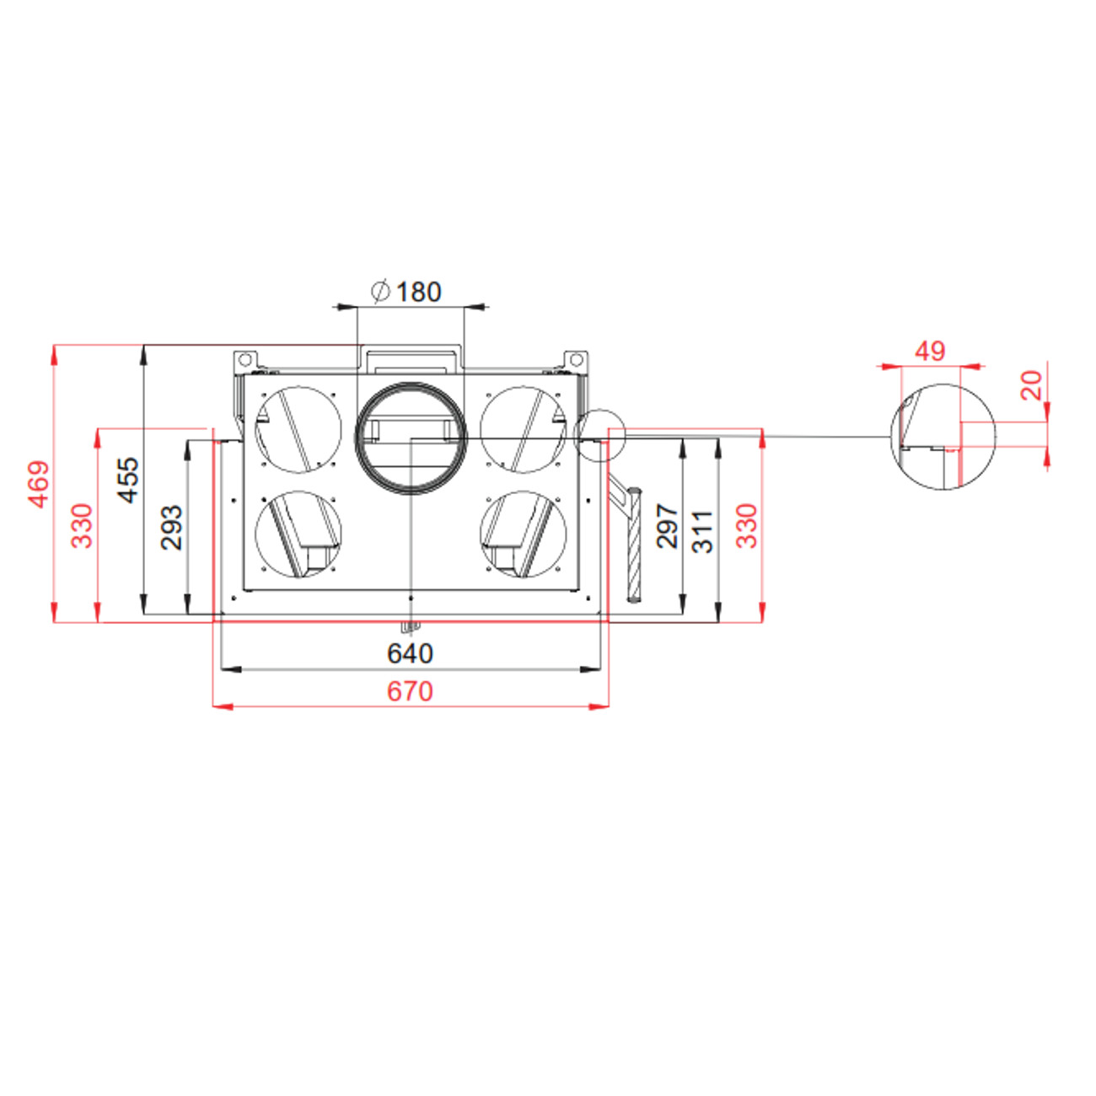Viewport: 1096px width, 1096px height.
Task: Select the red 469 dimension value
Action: point(39,484)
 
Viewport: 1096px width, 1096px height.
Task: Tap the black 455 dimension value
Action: point(128,481)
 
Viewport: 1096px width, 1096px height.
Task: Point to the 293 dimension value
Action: point(172,527)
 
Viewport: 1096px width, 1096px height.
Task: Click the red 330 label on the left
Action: point(83,525)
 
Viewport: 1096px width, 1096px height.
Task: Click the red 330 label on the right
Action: point(747,526)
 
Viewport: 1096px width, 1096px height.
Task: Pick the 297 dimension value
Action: point(667,526)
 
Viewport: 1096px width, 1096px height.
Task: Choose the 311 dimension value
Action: point(701,531)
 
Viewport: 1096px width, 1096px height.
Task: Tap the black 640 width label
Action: point(410,653)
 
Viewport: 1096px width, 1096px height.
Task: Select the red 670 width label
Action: point(410,691)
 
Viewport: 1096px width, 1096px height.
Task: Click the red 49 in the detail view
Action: point(930,351)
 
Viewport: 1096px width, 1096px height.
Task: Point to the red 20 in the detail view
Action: point(1031,385)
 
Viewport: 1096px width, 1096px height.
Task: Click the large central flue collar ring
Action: point(411,438)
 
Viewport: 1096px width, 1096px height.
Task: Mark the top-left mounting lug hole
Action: point(243,358)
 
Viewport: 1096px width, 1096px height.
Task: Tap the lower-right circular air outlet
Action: point(523,535)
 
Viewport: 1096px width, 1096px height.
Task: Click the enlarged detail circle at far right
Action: point(943,437)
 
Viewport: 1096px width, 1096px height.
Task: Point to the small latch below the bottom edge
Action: point(410,626)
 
